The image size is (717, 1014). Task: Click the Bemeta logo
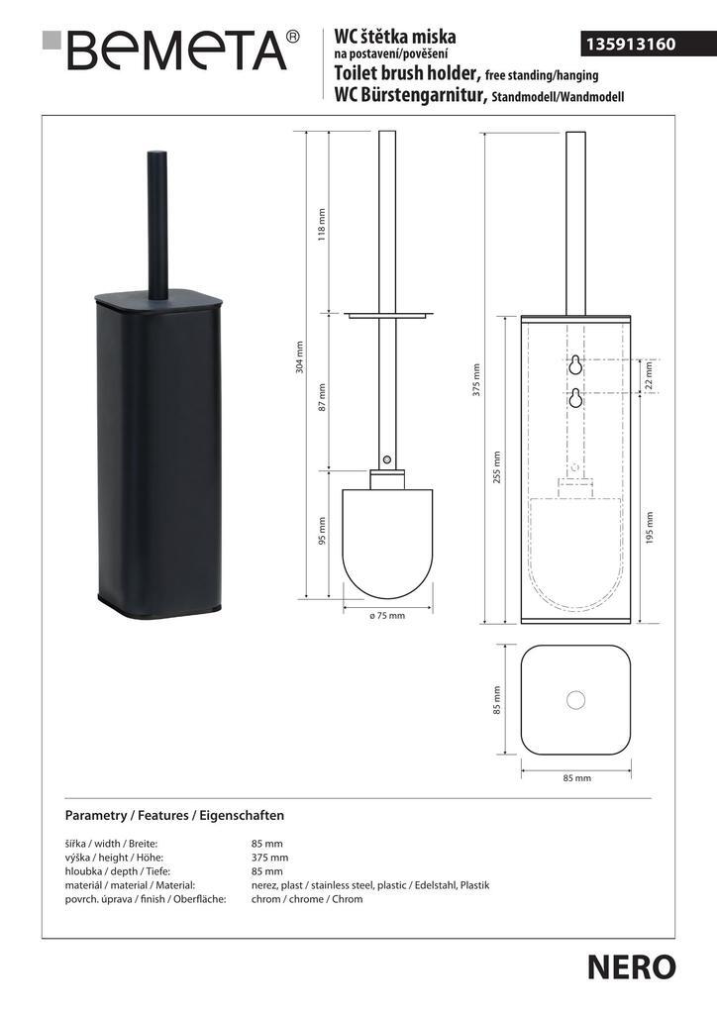coord(171,50)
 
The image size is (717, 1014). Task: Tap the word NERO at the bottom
coord(631,967)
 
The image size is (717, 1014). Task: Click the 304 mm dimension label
coord(300,358)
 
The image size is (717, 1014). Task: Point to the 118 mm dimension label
coord(322,224)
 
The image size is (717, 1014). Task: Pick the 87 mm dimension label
coord(322,397)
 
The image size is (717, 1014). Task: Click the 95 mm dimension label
coord(322,531)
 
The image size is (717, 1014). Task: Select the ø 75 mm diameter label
coord(387,616)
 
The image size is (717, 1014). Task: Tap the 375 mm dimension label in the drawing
coord(476,379)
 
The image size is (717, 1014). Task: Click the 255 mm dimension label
coord(496,468)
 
